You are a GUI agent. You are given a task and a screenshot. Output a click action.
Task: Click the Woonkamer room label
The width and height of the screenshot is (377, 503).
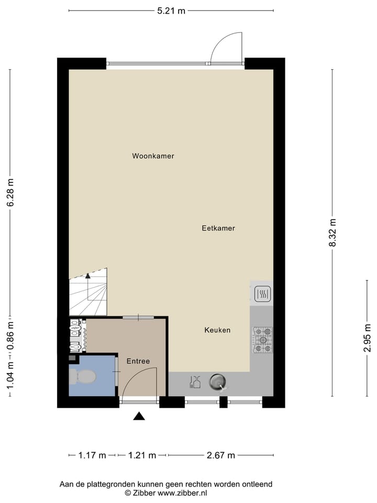coord(153,156)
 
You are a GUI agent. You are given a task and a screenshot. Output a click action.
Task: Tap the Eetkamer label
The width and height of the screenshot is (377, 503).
coord(218,228)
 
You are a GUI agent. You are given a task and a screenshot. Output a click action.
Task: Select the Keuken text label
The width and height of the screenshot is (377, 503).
coord(217,330)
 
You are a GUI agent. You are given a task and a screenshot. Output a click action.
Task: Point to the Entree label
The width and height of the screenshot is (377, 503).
coord(138,361)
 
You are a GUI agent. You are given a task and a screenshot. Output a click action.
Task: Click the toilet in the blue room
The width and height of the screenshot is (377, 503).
coord(83,376)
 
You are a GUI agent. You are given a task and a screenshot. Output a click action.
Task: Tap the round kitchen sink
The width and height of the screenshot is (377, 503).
coord(217,382)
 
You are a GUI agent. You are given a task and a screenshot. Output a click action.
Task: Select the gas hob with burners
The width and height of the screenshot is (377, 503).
coord(263,339)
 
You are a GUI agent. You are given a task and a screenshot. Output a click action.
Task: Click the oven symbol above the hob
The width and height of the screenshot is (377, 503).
coord(262,294)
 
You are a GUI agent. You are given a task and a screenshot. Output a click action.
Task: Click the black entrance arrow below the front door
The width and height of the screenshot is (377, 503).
coord(139,416)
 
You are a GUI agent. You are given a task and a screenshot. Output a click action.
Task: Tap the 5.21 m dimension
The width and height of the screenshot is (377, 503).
coord(171,11)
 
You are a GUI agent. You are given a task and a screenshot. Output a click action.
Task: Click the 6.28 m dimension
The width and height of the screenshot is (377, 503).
coord(10,192)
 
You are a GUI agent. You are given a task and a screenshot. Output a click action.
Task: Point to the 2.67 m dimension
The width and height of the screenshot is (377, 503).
coord(220,455)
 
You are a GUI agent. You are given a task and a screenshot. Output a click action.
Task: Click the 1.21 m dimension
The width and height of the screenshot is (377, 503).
coord(142,455)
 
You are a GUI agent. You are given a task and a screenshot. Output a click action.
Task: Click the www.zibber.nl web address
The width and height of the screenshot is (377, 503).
coord(183,493)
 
